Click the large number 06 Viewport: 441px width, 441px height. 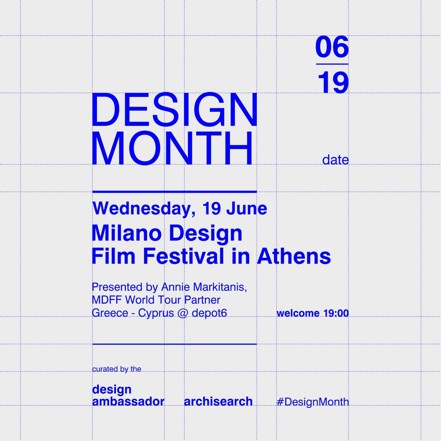coord(332,47)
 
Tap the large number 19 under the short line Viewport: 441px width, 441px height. coord(334,82)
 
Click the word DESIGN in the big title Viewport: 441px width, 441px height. coord(174,109)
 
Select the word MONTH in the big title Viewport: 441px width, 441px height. coord(172,148)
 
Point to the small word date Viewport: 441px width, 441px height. coord(335,160)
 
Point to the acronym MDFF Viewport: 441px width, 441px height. coord(107,300)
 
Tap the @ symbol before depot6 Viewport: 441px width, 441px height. coord(183,313)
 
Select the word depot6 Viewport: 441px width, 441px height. coord(209,313)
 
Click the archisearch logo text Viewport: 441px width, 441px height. coord(218,401)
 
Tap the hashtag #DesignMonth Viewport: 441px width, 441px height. coord(313,402)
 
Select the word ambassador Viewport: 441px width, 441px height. coord(128,401)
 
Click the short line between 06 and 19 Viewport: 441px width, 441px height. coord(332,64)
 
